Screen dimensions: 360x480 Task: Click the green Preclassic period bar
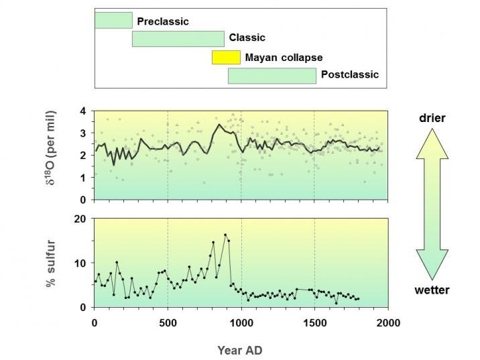(113, 20)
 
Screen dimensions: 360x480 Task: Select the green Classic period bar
(178, 38)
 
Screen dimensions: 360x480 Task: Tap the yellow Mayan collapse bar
(226, 57)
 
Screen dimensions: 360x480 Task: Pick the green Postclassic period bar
(272, 75)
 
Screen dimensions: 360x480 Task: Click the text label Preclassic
(163, 21)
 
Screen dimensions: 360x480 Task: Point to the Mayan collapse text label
(284, 58)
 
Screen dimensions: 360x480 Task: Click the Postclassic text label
(350, 74)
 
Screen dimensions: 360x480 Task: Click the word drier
(432, 118)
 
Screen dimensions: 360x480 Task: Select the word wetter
(432, 290)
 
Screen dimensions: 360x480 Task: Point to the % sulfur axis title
(51, 263)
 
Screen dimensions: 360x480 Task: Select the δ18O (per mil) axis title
(51, 155)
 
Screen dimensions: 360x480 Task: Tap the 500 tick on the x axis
(167, 322)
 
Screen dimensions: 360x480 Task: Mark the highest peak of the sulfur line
(225, 235)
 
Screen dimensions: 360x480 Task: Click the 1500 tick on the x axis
(314, 322)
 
